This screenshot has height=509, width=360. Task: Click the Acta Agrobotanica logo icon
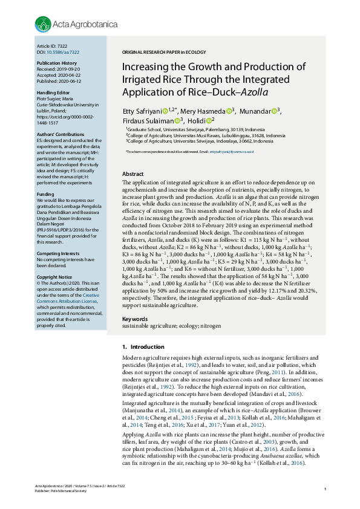tap(41, 24)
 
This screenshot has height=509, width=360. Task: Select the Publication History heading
tap(56, 63)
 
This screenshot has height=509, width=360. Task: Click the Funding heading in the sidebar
tap(46, 194)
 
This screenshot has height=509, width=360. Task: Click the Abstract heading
tap(133, 173)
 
